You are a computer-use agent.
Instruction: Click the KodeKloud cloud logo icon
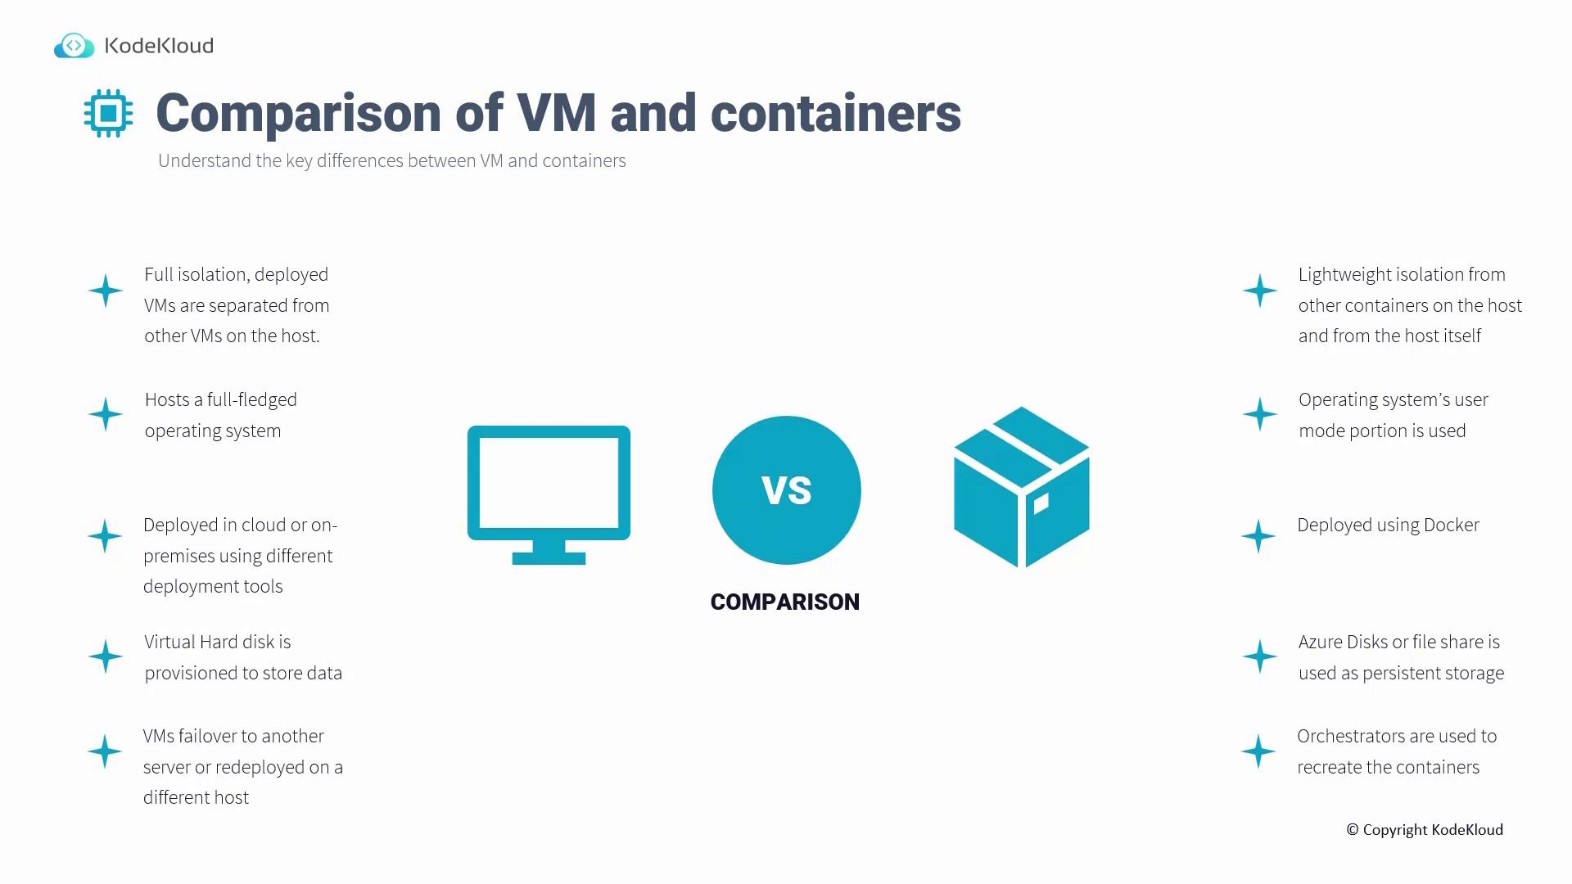(75, 46)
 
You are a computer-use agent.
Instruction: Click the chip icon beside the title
(108, 113)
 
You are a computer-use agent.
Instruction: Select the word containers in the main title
(836, 113)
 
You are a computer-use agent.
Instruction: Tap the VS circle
(786, 490)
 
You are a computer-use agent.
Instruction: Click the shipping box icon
(1022, 487)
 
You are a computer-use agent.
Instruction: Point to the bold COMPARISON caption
(785, 602)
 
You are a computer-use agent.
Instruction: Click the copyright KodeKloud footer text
(1425, 830)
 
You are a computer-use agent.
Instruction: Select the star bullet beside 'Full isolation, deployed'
(106, 291)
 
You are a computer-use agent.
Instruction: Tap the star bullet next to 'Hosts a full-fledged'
(106, 414)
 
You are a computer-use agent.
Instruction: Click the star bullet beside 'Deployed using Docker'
(1258, 536)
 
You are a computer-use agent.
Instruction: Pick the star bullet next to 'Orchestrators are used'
(1258, 751)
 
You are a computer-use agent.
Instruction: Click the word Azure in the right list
(1321, 642)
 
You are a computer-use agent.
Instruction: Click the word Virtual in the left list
(169, 642)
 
